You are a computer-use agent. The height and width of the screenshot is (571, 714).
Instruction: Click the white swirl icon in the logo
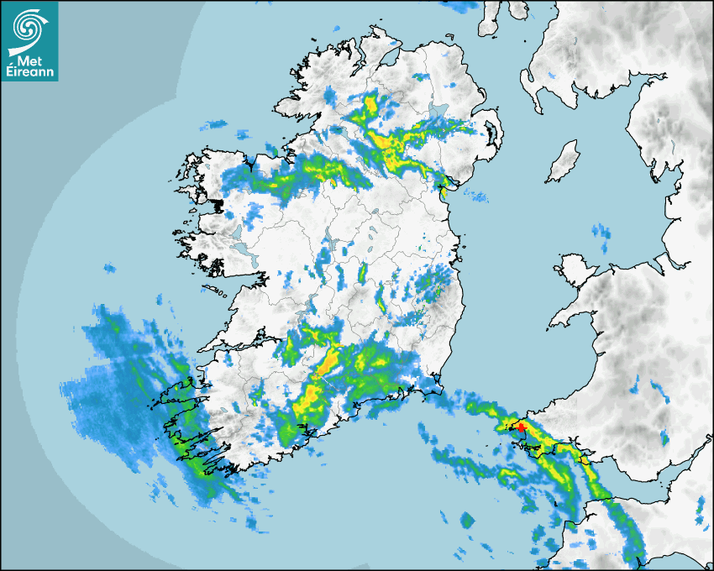click(29, 27)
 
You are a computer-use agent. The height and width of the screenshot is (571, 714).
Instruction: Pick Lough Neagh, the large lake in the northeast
click(438, 112)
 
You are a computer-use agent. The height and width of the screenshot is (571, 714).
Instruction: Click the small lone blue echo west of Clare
click(109, 269)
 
